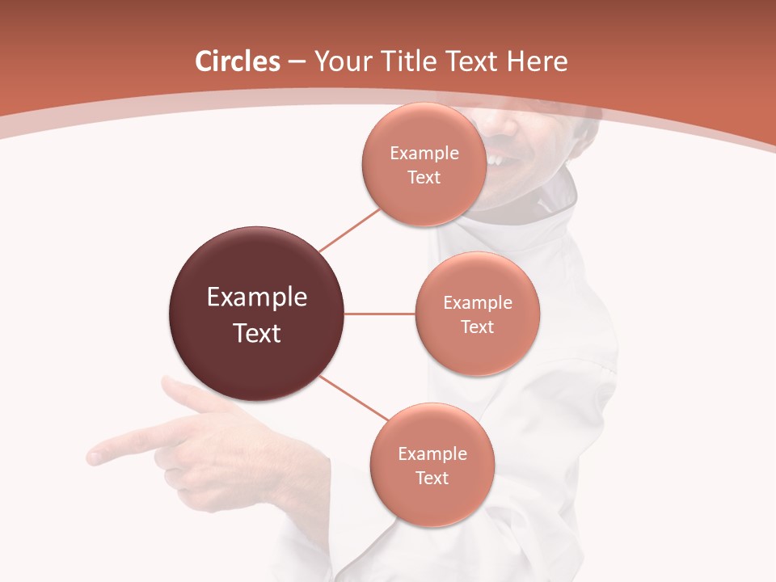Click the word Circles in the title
point(237,61)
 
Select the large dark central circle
point(257,314)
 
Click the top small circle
point(424,164)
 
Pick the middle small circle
point(477,314)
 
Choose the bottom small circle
point(432,465)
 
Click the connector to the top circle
point(350,230)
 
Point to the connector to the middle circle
point(380,314)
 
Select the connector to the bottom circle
point(352,398)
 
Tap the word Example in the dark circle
point(257,297)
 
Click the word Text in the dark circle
point(257,333)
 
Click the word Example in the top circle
point(424,153)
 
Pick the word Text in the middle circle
point(477,327)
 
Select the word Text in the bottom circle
point(432,478)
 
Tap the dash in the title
point(297,61)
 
